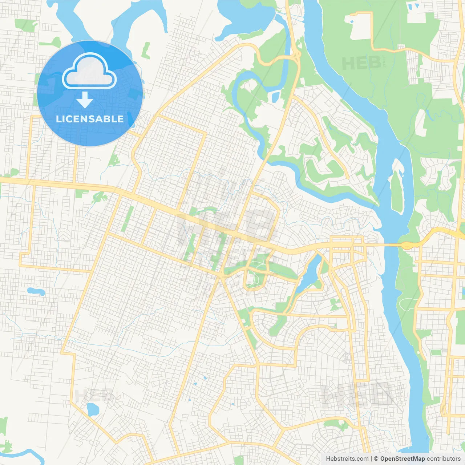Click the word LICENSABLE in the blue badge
point(90,119)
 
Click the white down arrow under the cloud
point(85,100)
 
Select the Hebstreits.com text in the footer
point(347,459)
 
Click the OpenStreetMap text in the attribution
point(403,459)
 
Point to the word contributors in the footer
point(444,459)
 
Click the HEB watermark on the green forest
point(361,63)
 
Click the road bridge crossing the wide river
point(385,245)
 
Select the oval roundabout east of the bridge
point(406,246)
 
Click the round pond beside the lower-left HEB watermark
point(93,409)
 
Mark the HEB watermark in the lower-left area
point(89,395)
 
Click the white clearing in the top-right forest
point(360,27)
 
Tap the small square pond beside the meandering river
point(275,97)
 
